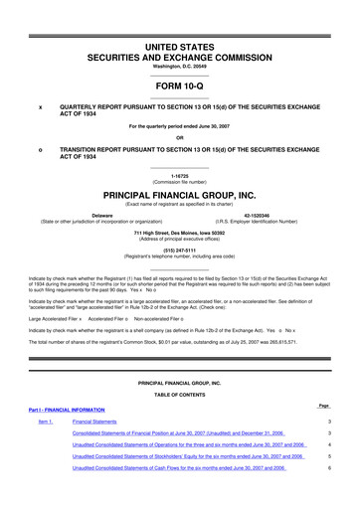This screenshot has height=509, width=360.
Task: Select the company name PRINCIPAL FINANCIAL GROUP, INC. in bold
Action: point(180,197)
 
